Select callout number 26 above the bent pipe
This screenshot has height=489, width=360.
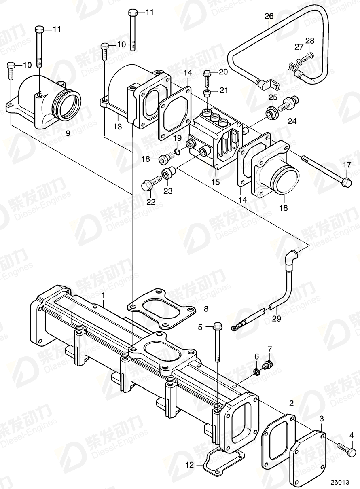tap(269, 16)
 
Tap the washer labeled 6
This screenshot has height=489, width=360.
tap(256, 371)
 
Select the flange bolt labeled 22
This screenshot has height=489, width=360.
tap(147, 186)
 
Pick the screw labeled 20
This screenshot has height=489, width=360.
tap(206, 77)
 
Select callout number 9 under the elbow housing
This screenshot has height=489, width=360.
tap(68, 132)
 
